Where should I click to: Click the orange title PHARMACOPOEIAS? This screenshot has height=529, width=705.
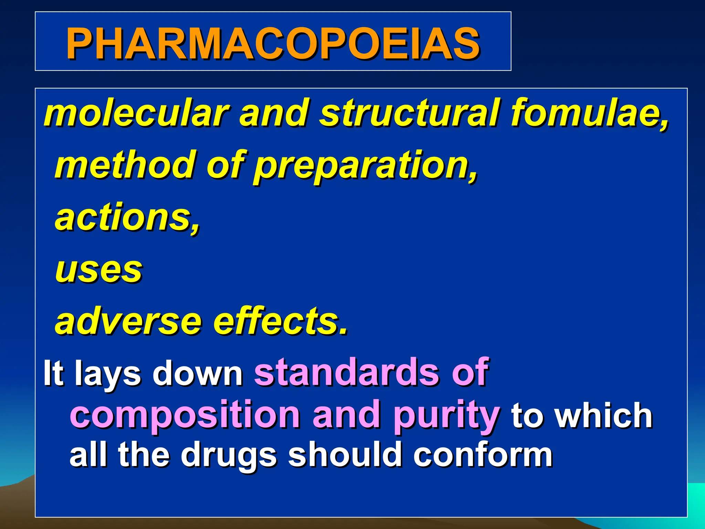click(273, 43)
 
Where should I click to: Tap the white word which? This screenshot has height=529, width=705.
click(604, 415)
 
